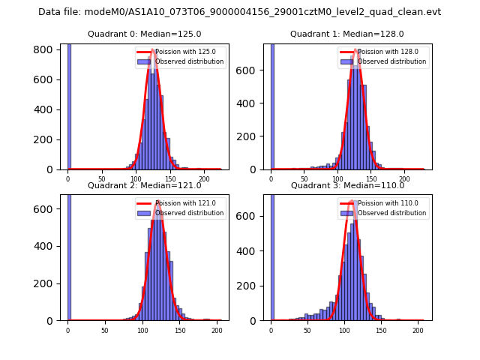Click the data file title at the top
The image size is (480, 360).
pyautogui.click(x=239, y=12)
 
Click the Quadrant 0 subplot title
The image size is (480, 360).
pyautogui.click(x=144, y=34)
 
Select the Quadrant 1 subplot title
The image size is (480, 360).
pyautogui.click(x=347, y=34)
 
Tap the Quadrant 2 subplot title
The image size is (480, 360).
pyautogui.click(x=144, y=185)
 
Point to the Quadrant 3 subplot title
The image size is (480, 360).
pyautogui.click(x=347, y=185)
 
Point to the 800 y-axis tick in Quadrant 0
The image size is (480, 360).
pyautogui.click(x=49, y=49)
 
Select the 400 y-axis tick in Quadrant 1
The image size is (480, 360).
pyautogui.click(x=252, y=110)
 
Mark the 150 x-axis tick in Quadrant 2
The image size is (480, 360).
pyautogui.click(x=179, y=331)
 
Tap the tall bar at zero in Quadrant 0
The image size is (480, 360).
pyautogui.click(x=68, y=105)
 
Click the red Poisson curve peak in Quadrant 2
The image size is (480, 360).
pyautogui.click(x=157, y=204)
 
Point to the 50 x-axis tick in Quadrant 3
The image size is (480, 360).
pyautogui.click(x=307, y=331)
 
